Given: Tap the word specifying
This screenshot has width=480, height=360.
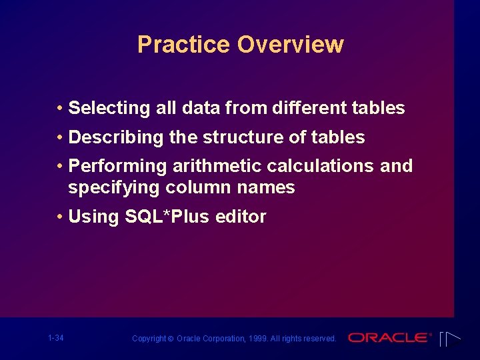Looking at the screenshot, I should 108,188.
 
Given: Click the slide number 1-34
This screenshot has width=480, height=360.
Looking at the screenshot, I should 56,338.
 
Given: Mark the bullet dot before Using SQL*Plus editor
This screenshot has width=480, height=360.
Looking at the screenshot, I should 60,217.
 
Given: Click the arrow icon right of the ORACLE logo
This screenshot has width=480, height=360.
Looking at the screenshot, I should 451,339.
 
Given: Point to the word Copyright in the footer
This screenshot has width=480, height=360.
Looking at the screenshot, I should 149,339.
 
